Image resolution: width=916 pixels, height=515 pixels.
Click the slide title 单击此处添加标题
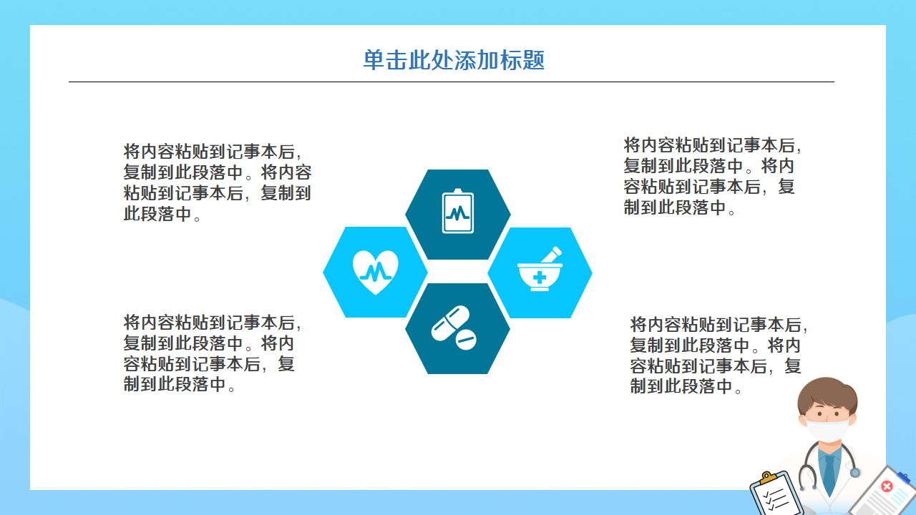coord(454,60)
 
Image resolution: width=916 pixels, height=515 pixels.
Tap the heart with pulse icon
coord(375,271)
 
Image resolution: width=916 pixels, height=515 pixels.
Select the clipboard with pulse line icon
coord(458,212)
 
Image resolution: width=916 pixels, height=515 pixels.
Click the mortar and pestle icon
coord(540,270)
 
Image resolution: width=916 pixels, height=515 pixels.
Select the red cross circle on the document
coord(887,486)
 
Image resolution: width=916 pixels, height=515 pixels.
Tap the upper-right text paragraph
coord(712,177)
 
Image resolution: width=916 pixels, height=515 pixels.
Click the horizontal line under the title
coord(451,82)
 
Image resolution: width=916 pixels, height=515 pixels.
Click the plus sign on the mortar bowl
coord(539,277)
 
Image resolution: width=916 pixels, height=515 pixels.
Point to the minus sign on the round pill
coord(465,339)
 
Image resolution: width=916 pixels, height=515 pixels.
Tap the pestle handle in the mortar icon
coord(551,253)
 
